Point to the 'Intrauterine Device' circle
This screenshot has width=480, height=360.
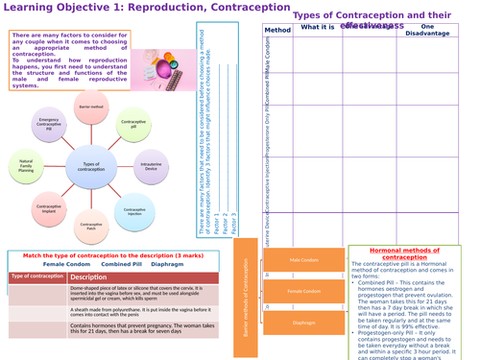tap(151, 165)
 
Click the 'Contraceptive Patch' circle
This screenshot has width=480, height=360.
tap(94, 227)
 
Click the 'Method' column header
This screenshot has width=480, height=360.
tap(276, 30)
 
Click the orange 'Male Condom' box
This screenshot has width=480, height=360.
tap(303, 259)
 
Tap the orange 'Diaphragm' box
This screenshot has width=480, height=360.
tap(303, 324)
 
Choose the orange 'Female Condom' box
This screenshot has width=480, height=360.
tap(303, 291)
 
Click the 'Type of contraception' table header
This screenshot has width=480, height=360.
tap(36, 277)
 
